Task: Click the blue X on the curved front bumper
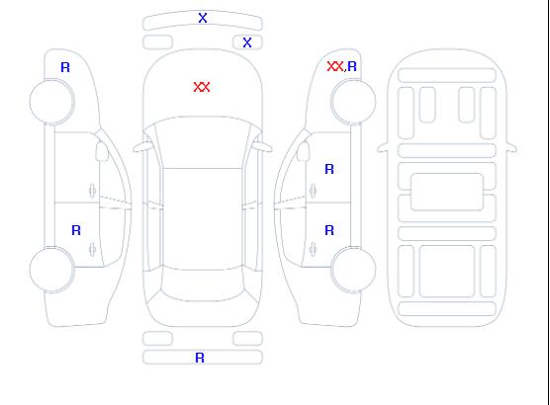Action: click(203, 18)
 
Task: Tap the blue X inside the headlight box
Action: click(247, 42)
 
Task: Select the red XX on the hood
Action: click(202, 87)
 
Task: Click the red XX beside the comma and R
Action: click(335, 66)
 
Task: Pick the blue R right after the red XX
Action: click(352, 66)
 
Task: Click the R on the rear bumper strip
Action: click(200, 358)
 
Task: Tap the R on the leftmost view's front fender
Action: click(65, 67)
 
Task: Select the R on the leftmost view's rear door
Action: click(76, 230)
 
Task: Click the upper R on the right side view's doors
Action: click(329, 169)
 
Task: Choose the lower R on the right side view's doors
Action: click(329, 230)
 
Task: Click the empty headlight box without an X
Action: click(158, 42)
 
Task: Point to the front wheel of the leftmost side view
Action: click(51, 102)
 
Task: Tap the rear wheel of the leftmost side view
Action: click(51, 270)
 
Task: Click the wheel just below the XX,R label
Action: click(353, 102)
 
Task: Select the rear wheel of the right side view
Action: click(353, 269)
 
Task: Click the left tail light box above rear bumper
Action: click(158, 339)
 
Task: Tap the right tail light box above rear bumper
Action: click(247, 339)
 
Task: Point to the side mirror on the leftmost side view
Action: click(102, 151)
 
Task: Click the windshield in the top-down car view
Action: click(203, 142)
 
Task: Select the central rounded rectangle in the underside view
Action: click(447, 192)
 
